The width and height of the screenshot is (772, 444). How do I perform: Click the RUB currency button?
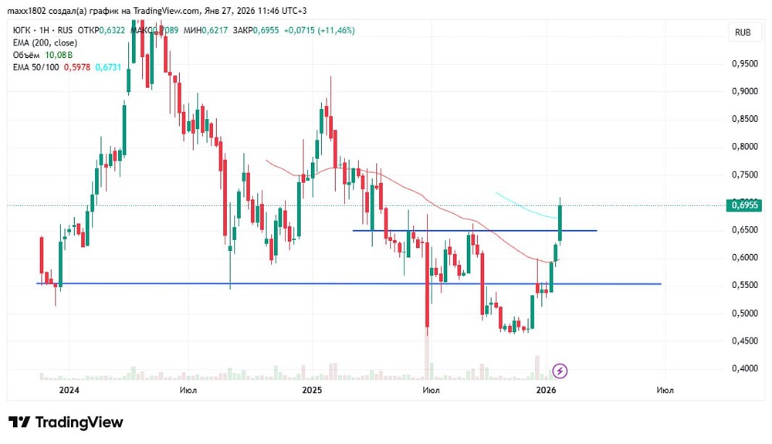pos(743,32)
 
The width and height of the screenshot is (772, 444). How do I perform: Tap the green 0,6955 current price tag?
pos(744,205)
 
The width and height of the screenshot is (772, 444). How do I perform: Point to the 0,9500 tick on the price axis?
pos(743,63)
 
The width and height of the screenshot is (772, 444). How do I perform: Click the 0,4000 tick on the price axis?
pos(743,368)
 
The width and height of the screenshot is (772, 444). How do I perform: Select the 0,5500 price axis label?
pos(743,285)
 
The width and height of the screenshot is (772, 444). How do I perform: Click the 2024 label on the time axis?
pos(69,390)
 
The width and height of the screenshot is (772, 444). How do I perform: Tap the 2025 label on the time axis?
pos(312,390)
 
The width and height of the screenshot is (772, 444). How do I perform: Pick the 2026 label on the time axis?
pos(546,390)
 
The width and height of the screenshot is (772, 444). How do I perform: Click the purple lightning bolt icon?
pos(560,371)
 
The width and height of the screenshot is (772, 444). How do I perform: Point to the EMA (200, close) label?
pos(43,43)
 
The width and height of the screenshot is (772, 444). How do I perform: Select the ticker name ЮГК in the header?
pos(22,30)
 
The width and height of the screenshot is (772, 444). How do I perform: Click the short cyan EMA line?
pos(525,205)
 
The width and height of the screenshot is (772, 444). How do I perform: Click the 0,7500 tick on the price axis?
pos(743,175)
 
